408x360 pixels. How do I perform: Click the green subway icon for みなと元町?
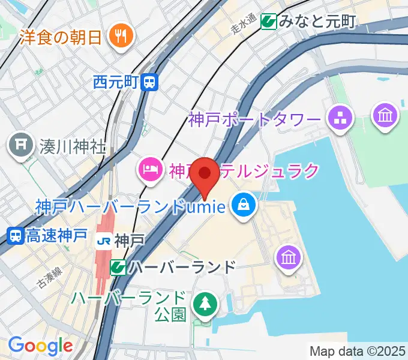[x=268, y=22]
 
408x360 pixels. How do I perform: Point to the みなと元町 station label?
[x=317, y=22]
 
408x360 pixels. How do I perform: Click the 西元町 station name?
[x=116, y=82]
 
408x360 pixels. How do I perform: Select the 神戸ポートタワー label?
[x=255, y=119]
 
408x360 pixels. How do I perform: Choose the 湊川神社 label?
[x=73, y=146]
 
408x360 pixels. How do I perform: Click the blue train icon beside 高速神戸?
[x=16, y=236]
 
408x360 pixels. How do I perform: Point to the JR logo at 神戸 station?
[x=103, y=241]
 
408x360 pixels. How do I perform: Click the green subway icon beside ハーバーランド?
[x=118, y=266]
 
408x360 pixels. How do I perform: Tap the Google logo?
[x=40, y=346]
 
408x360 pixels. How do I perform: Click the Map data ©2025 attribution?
[x=357, y=351]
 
